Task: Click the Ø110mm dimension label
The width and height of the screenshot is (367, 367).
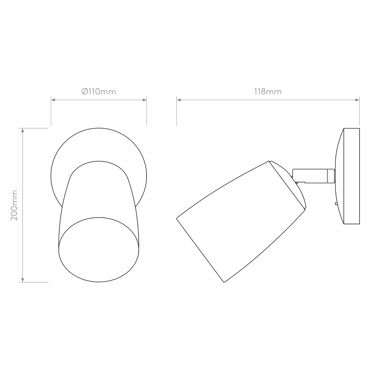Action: tap(99, 91)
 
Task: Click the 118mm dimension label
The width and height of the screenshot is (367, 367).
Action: tap(268, 91)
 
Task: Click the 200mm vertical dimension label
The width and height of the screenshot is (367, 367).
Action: tap(14, 205)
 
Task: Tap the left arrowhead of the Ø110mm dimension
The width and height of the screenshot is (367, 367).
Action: tap(53, 100)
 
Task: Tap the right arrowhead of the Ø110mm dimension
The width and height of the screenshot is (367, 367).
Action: tap(145, 100)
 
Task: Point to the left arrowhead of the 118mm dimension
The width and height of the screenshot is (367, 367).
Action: tap(178, 100)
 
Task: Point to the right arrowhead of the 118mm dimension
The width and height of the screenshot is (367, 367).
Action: tap(357, 100)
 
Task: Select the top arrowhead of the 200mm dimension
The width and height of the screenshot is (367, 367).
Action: tap(23, 130)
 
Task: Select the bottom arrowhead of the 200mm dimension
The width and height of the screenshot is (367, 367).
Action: tap(23, 280)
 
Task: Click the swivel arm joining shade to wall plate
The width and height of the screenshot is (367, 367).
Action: tap(310, 176)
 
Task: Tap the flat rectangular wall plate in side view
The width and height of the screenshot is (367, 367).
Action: tap(352, 176)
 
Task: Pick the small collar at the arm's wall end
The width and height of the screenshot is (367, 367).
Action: tap(331, 176)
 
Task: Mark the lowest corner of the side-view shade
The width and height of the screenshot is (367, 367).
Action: tap(224, 282)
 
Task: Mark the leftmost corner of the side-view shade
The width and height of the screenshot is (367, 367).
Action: tap(177, 219)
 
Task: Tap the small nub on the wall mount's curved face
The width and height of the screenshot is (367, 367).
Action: tap(336, 204)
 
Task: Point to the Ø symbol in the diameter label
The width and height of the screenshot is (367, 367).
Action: tap(85, 91)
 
